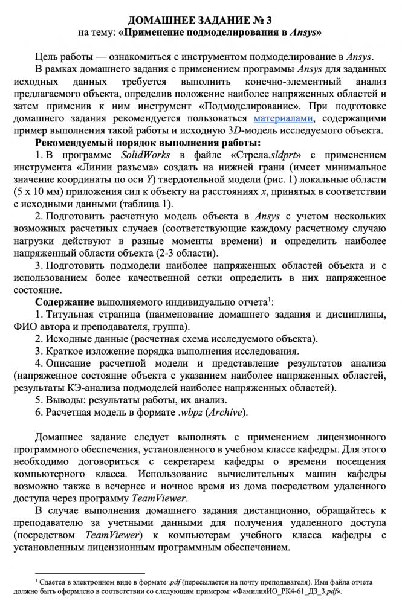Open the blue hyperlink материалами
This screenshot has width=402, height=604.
[x=284, y=118]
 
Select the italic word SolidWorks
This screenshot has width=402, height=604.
[x=145, y=155]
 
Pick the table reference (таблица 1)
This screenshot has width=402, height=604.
[x=143, y=204]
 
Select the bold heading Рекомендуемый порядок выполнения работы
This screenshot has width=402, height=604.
[x=148, y=143]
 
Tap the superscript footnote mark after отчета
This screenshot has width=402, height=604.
[x=270, y=298]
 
